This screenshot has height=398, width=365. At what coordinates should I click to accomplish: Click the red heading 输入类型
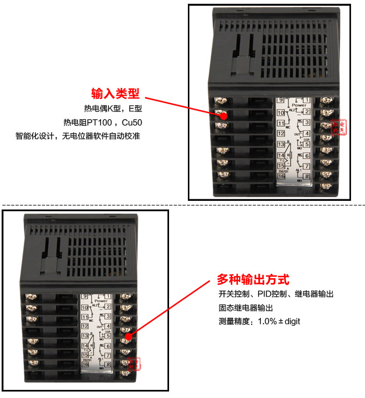(115, 94)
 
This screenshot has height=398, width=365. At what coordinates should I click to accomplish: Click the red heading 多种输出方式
(253, 280)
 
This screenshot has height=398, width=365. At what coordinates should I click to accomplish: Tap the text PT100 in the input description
(99, 122)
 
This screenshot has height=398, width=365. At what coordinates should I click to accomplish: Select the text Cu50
(132, 122)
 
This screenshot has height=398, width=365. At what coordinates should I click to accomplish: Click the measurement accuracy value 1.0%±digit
(279, 321)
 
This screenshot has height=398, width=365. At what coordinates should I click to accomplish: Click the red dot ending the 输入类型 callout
(223, 113)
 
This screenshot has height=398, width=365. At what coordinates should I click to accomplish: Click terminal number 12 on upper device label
(281, 133)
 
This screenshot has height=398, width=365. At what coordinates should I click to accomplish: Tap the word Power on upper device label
(299, 105)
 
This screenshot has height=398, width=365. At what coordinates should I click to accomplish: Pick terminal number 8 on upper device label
(306, 177)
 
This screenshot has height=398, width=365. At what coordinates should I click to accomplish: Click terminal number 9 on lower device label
(84, 297)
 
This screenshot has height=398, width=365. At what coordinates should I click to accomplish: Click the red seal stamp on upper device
(337, 127)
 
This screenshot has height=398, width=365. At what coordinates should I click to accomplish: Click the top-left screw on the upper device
(219, 100)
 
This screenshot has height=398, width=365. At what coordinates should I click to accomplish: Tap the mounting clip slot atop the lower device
(52, 252)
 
